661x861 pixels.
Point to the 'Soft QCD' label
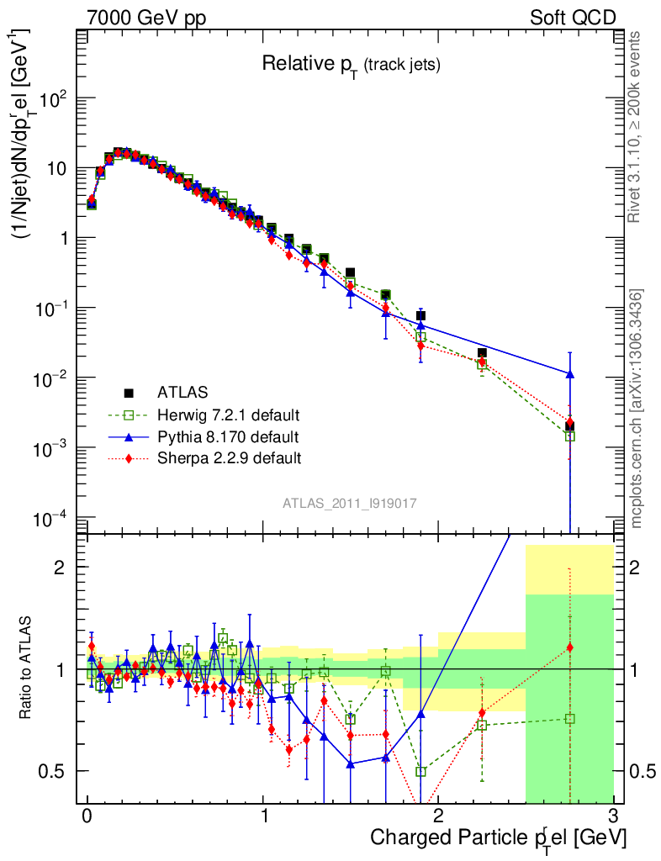573,18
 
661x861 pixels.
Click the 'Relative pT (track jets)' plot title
351,64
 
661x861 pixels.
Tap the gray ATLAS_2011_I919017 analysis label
350,503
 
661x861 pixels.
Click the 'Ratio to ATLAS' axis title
26,668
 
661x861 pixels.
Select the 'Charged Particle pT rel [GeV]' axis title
498,838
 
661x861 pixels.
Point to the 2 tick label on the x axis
438,816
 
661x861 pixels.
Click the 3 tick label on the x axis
613,816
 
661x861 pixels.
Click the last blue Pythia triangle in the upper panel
570,373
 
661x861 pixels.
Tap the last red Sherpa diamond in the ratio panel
570,647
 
